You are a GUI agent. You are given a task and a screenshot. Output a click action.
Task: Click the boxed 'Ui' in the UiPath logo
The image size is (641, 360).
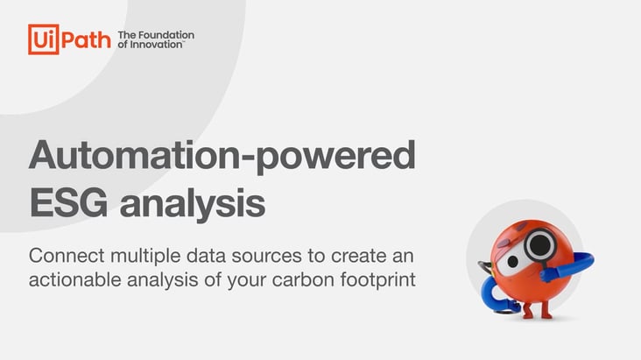[x=43, y=39]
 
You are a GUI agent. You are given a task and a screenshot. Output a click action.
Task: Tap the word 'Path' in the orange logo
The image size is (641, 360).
[x=86, y=40]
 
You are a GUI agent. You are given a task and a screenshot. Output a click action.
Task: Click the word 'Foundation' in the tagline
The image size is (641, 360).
[x=166, y=35]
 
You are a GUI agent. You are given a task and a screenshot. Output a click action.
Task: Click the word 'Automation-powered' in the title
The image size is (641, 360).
[x=222, y=157]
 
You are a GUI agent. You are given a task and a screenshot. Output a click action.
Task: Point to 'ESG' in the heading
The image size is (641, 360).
[x=68, y=203]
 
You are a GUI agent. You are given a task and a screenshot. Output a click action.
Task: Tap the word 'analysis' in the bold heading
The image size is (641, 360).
[x=192, y=205]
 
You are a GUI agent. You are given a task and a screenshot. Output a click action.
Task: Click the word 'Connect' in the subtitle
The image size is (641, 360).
[x=67, y=256]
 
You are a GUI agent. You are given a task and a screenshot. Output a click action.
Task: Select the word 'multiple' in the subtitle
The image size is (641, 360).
[x=145, y=257]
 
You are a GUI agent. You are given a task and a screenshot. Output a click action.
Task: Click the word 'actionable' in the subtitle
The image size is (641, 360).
[x=74, y=280]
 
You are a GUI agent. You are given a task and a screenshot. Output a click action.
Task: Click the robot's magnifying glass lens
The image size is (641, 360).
[x=540, y=245]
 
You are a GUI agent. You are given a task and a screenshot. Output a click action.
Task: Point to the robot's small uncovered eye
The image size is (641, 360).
[x=512, y=261]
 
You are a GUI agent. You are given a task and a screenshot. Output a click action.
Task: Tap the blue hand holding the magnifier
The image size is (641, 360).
[x=550, y=273]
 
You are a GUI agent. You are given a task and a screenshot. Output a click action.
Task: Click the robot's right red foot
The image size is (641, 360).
[x=546, y=310]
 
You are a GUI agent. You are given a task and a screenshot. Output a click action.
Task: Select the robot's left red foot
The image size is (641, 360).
[x=528, y=311]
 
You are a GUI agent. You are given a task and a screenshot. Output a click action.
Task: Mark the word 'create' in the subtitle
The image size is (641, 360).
[x=358, y=257]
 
